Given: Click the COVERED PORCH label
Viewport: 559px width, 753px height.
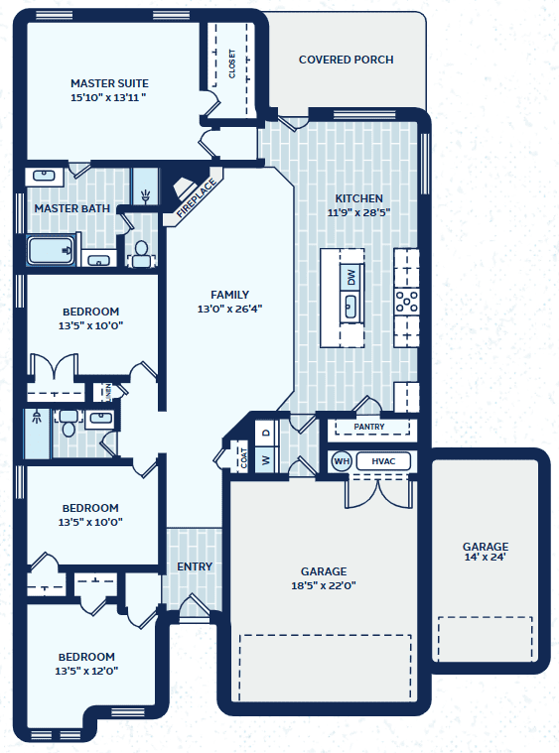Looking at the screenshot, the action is click(x=347, y=60).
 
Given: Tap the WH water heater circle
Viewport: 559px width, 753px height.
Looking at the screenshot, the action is click(x=342, y=461).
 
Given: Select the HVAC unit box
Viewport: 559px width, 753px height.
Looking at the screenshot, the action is click(x=383, y=461).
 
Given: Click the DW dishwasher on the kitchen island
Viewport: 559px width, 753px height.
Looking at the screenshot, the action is click(x=351, y=277).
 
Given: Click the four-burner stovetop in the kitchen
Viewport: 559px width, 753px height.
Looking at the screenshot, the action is click(x=407, y=302).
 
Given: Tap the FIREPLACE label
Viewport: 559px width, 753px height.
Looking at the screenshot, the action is click(x=196, y=198).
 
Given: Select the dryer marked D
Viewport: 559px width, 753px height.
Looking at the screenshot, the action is click(x=266, y=433).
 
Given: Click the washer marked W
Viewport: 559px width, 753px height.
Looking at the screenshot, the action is click(x=266, y=459).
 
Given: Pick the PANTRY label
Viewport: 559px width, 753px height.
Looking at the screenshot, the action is click(x=369, y=427).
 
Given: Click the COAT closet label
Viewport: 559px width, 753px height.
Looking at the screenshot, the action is click(x=243, y=457).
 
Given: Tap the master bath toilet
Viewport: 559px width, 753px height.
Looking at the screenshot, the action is click(x=141, y=255).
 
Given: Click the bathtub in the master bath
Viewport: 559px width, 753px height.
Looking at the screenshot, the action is click(x=51, y=250).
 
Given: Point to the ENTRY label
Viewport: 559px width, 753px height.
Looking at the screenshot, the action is click(x=195, y=566).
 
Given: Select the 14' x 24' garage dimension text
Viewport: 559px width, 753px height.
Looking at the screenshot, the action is click(x=485, y=558).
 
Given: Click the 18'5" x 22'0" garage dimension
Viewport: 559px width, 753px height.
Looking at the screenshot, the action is click(x=324, y=585).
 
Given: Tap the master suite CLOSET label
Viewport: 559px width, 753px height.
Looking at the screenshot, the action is click(x=232, y=63).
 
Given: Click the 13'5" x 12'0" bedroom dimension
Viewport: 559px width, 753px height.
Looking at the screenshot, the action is click(x=86, y=671).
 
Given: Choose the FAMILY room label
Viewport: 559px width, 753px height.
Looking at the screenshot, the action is click(x=229, y=295).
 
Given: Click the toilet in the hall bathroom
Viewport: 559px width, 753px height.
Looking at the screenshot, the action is click(x=69, y=423).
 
